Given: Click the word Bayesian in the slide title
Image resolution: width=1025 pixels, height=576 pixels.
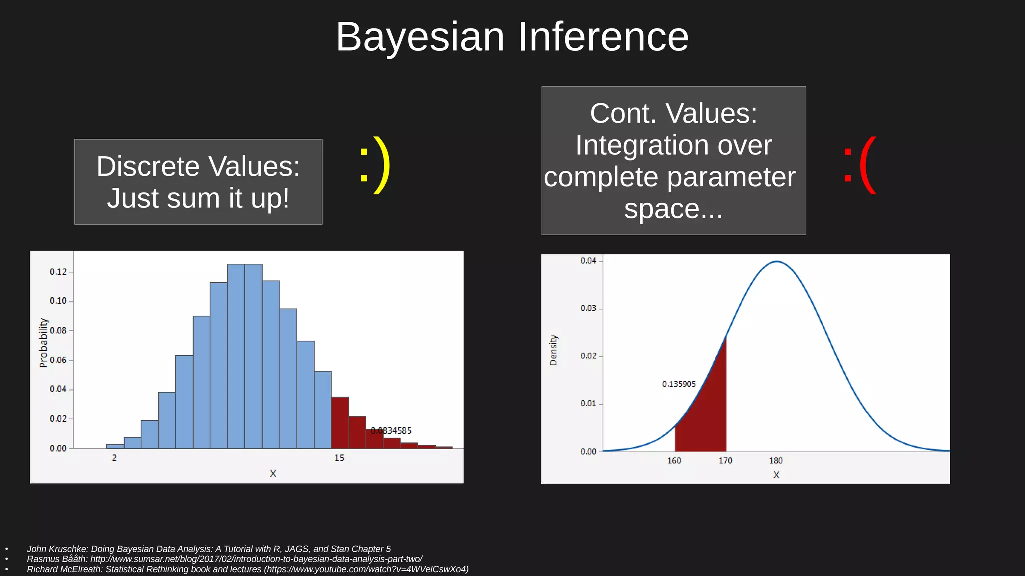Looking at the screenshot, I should point(420,38).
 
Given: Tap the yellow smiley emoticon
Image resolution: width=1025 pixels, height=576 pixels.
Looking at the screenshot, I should point(375,165).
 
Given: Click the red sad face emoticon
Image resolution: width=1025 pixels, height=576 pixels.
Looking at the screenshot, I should point(860,165).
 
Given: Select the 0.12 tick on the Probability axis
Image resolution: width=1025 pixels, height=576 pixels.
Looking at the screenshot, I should point(58,272).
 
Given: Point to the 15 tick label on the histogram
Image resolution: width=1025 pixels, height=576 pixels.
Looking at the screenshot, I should point(339,458).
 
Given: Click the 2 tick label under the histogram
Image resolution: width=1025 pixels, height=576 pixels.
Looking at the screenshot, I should point(114,458).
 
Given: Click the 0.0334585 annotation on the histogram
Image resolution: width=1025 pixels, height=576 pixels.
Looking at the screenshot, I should point(391,431).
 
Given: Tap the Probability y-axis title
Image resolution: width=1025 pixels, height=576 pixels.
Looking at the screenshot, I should point(44,343).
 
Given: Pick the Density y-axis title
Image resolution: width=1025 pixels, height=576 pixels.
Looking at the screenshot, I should point(553,350).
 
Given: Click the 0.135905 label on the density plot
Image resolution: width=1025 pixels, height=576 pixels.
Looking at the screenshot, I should point(679,384).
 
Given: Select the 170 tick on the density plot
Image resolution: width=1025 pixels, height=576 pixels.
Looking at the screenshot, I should point(725,461).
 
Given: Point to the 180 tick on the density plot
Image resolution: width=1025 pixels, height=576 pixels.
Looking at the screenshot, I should point(776,461).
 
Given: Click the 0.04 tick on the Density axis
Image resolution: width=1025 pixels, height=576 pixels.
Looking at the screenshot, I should point(588,261).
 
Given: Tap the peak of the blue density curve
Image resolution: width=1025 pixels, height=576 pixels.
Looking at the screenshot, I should point(776,261).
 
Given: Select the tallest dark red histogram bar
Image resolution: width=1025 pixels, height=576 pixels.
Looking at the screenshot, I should point(340,422).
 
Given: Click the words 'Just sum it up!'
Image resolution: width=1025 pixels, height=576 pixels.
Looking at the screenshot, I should point(198,198).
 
